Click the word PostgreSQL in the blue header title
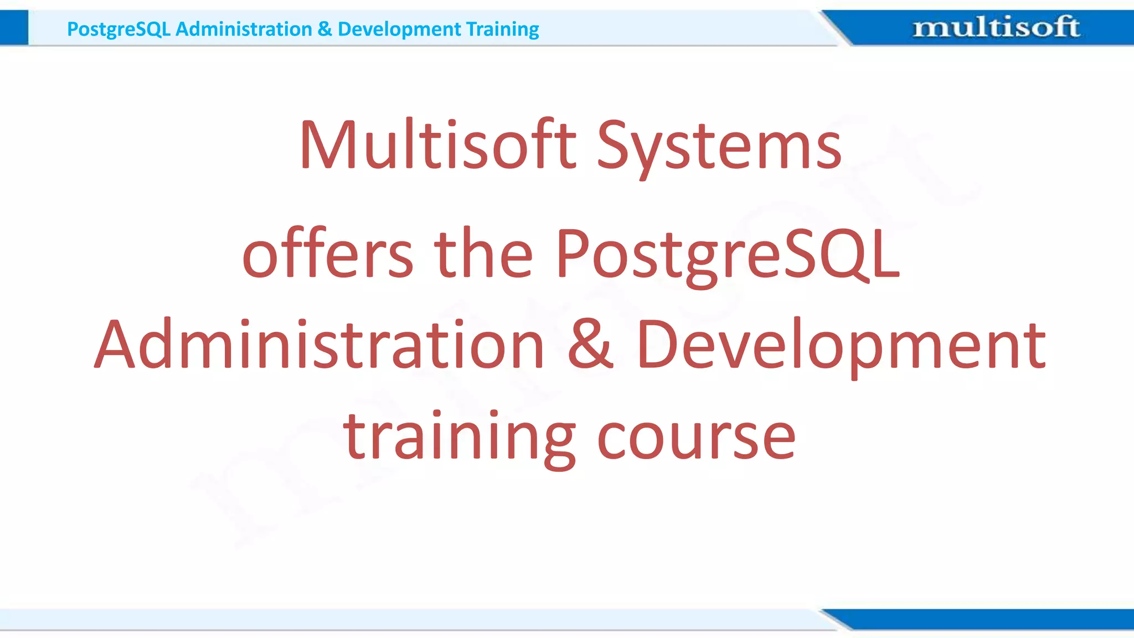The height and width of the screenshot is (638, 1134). point(118,29)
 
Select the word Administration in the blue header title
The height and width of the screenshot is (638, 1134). point(244,29)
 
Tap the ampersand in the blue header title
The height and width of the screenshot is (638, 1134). point(325,29)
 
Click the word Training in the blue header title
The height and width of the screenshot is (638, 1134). point(502,29)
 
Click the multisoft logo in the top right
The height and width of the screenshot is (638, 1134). point(996,27)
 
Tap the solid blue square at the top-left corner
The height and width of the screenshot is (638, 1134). point(14,28)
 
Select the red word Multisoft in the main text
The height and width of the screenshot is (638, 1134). point(438,145)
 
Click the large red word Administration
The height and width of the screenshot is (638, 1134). point(319,344)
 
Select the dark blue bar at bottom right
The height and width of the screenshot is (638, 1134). point(986,619)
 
